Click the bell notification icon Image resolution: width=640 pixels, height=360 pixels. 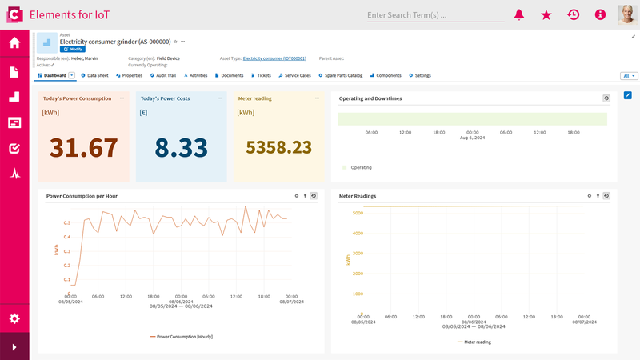pos(519,15)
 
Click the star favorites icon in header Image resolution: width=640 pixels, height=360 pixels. pos(546,15)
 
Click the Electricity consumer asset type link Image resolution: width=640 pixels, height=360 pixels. pos(274,58)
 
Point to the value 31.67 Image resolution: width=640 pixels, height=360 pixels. pos(83,148)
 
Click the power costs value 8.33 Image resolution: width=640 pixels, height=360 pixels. pos(181,148)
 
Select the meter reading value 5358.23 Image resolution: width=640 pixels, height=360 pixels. pos(278,147)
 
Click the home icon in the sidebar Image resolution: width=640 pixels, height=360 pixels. pos(14,43)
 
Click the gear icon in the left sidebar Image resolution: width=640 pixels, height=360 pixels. pos(14,318)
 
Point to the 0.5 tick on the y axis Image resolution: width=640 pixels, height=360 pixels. pos(66,223)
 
